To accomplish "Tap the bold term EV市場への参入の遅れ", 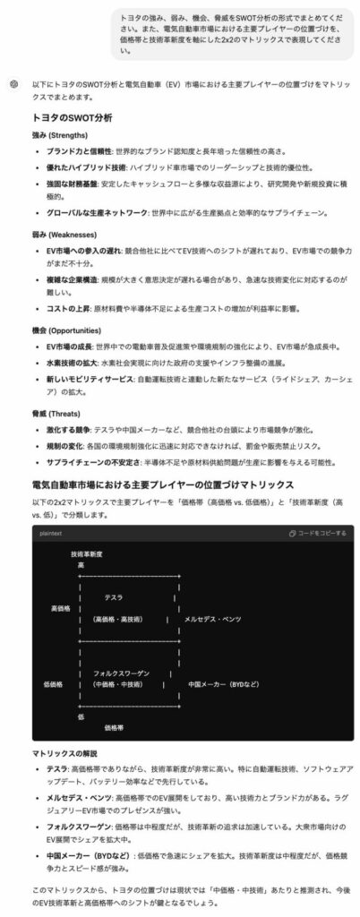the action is pos(88,251).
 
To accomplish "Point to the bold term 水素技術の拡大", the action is pos(73,363).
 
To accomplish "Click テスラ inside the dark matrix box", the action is pos(114,597).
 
